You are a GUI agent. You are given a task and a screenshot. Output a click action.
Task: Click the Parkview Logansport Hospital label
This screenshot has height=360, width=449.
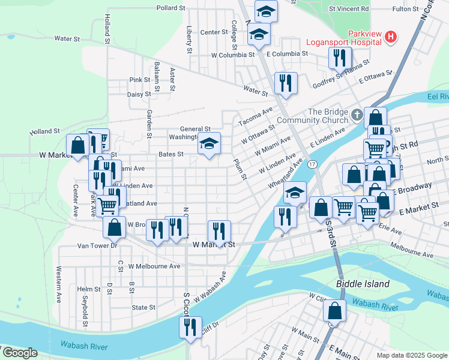343,37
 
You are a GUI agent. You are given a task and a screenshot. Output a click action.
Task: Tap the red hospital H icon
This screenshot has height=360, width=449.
391,37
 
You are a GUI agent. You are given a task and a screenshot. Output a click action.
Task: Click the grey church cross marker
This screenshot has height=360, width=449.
357,114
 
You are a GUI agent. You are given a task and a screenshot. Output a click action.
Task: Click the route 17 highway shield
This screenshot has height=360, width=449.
312,164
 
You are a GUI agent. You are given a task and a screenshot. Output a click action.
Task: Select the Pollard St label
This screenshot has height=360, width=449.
170,8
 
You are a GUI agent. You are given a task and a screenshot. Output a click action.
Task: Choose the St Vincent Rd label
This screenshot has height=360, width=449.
349,9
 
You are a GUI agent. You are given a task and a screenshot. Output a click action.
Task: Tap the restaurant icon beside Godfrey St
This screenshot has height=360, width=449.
340,58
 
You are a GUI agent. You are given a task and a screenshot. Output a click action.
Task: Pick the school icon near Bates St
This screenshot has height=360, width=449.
209,144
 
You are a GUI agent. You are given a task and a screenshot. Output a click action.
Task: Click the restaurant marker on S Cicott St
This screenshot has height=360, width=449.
190,328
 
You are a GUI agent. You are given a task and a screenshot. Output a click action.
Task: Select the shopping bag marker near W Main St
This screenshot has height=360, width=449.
334,311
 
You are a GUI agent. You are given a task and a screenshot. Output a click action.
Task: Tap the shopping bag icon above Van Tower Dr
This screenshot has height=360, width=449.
114,228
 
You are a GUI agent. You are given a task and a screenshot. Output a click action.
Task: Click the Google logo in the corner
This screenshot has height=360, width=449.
20,353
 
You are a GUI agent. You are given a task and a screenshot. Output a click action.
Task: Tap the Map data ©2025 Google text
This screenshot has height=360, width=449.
411,355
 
